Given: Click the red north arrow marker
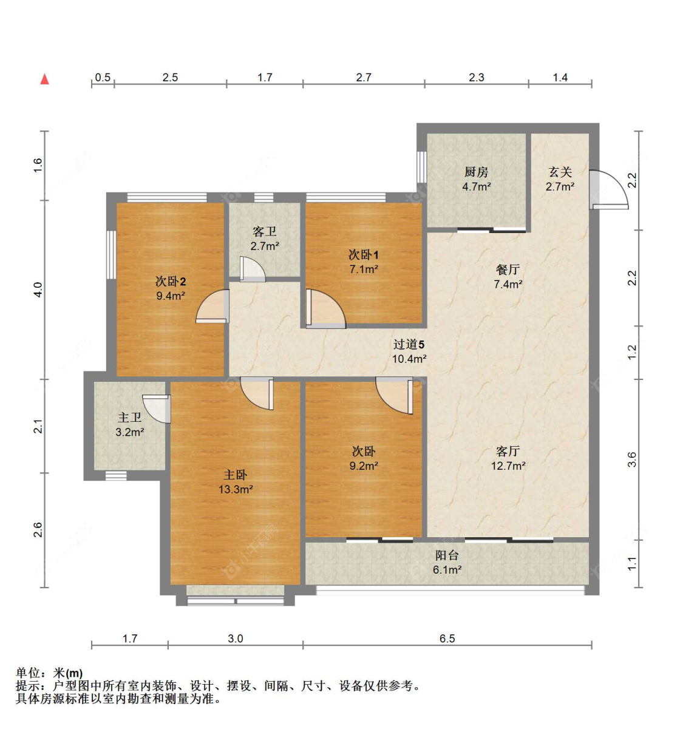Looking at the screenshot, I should (x=44, y=79).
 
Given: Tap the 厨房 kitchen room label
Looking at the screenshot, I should (x=476, y=172).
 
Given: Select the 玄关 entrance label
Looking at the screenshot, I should (x=560, y=172).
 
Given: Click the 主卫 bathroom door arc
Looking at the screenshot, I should (x=158, y=409).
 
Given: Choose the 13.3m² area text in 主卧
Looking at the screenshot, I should (x=236, y=489).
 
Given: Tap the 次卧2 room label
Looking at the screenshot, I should (x=170, y=281).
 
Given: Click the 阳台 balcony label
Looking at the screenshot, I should (x=447, y=555).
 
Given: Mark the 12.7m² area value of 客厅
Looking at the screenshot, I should (x=508, y=466).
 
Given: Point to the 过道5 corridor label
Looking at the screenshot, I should (x=409, y=344).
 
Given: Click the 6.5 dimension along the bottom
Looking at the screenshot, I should (x=447, y=638).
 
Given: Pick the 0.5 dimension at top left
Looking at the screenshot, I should (x=103, y=77).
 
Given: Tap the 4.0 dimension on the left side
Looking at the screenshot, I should (x=38, y=289).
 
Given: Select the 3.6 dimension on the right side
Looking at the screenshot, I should (x=632, y=459).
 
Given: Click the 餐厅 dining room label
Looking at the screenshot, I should (x=508, y=270).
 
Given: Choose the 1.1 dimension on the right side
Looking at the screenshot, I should (x=632, y=563).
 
